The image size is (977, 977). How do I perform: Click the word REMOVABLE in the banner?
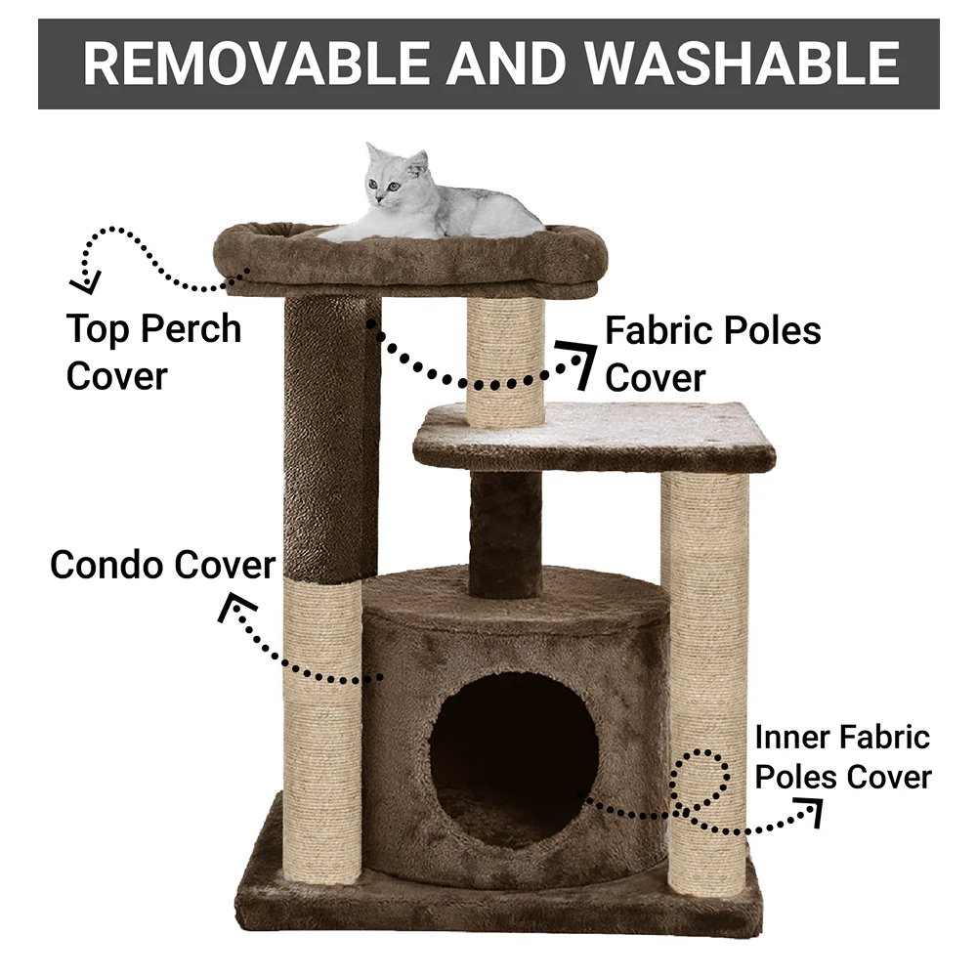click(x=256, y=64)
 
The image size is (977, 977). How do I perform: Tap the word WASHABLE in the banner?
click(x=742, y=64)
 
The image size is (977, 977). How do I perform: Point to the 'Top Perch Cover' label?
click(x=153, y=352)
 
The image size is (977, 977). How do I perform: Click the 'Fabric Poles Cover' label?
click(x=713, y=354)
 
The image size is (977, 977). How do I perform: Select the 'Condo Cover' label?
click(x=162, y=565)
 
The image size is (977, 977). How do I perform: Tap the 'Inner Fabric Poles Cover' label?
click(x=843, y=757)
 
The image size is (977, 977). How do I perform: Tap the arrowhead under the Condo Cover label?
click(x=234, y=607)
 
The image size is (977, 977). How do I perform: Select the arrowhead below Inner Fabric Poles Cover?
click(x=810, y=811)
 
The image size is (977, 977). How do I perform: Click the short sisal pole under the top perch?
click(x=505, y=361)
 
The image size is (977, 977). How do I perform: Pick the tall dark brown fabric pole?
click(x=331, y=440)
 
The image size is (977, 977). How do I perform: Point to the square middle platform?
click(x=594, y=436)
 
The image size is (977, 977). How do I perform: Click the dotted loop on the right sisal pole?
click(x=700, y=780)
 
